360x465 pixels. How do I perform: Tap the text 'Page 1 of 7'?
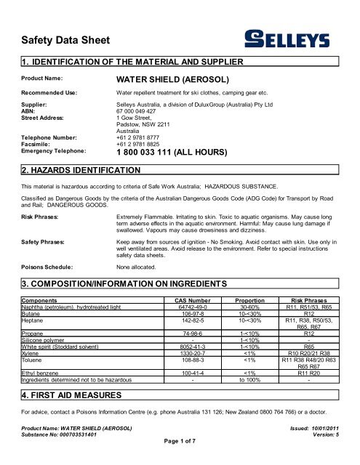pyautogui.click(x=180, y=459)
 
